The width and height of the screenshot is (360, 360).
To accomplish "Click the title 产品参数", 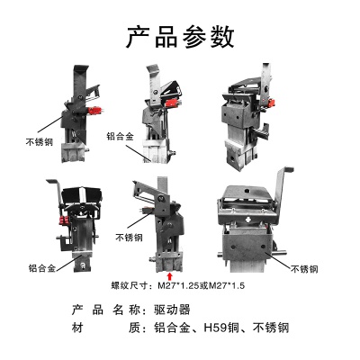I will [180, 37].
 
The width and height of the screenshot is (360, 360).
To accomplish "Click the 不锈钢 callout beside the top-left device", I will [41, 141].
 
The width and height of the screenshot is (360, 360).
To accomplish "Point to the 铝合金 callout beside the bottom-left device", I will [40, 266].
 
